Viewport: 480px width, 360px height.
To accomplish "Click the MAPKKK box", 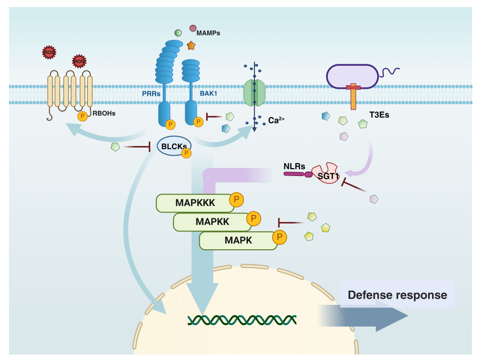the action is point(195,203).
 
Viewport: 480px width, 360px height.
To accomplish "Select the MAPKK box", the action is point(212,222).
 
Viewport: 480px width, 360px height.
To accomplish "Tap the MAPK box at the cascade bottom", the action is point(238,240).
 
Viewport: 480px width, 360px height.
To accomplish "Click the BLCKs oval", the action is point(174,146).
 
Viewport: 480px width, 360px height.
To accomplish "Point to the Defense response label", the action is point(397,295).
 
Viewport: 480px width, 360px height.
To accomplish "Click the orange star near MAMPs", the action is point(191,45).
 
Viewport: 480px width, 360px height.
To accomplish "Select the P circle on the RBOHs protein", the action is point(82,116).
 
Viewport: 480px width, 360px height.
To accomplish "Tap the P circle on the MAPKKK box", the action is point(237,200).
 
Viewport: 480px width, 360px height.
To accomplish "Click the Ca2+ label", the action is point(276,120).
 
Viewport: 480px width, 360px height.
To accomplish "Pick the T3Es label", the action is point(379,115).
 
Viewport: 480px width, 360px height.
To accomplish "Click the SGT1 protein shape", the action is point(325,173).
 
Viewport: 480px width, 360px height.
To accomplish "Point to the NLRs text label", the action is point(294,167).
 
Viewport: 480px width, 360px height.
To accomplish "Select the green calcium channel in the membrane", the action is point(254,93).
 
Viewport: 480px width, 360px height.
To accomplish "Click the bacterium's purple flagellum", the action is point(389,72).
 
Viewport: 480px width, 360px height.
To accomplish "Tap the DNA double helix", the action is point(242,320).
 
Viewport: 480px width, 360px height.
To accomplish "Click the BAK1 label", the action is point(209,93).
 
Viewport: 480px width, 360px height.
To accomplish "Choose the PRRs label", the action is point(151,94).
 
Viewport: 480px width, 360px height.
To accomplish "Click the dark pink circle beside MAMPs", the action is point(193,28).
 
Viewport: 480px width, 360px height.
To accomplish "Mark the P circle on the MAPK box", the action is point(279,237).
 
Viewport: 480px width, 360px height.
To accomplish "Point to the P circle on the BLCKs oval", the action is point(186,153).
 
